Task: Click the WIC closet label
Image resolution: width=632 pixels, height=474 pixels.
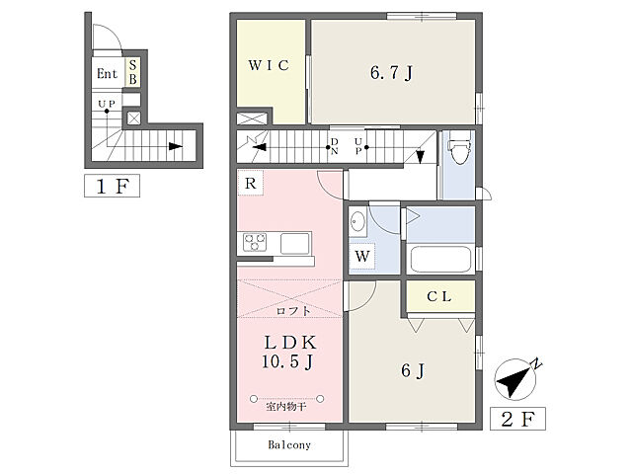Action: pos(269,65)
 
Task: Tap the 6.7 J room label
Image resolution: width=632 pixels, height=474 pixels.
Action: pos(391,73)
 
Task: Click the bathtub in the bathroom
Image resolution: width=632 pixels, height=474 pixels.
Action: pos(440,259)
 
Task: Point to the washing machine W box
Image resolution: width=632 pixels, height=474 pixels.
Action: pos(362,256)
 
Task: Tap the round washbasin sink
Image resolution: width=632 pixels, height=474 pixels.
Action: pos(357,222)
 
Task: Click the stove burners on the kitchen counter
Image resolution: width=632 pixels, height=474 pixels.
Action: pos(255,242)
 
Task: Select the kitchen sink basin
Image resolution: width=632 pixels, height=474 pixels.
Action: pos(294,244)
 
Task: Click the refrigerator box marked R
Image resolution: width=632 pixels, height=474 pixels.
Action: pos(250,183)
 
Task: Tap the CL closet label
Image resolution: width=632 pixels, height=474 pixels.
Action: pos(438,297)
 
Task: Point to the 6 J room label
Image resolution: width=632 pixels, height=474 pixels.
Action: pos(413,370)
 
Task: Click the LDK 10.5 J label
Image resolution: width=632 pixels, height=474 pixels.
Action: pos(288,353)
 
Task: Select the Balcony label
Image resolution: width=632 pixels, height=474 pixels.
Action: pos(289,445)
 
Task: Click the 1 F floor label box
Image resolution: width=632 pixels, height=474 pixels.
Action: pos(112,186)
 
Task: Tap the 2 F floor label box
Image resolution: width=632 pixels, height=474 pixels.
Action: pos(517,419)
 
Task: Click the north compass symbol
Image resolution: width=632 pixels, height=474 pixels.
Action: pos(515,379)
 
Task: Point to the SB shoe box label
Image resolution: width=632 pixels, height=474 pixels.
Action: pos(133,72)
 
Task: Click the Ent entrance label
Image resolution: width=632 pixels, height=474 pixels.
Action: pos(107,74)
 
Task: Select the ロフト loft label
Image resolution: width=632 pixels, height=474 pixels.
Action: pos(293,311)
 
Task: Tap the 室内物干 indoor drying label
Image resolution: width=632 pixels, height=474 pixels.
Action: pos(286,406)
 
